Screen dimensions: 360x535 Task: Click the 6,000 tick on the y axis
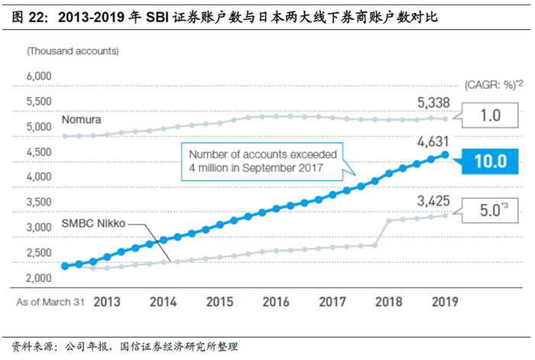pos(38,76)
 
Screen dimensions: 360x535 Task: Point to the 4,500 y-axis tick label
pos(38,152)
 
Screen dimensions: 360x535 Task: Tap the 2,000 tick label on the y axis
pos(38,277)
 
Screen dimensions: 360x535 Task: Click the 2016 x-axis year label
pos(275,302)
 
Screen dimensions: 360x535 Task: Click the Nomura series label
pos(81,121)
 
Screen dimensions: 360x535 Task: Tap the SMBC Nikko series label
pos(92,224)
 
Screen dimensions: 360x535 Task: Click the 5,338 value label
pos(434,103)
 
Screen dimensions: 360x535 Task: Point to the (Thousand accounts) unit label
pos(73,51)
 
